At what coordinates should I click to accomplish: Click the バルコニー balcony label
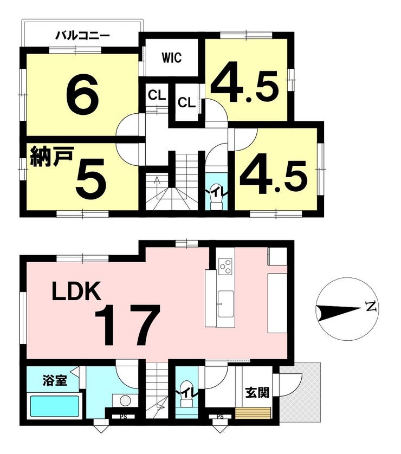(82, 36)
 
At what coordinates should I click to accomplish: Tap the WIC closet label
(172, 57)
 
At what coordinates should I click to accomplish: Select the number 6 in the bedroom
(82, 94)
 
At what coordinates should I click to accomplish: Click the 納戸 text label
(51, 157)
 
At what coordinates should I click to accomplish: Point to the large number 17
(127, 325)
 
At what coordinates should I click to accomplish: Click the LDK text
(76, 291)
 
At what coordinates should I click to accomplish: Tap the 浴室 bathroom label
(55, 380)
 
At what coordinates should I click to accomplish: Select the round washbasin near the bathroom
(125, 401)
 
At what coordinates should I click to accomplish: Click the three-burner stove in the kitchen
(226, 267)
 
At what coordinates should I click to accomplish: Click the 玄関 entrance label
(257, 393)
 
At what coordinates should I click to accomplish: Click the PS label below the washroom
(124, 417)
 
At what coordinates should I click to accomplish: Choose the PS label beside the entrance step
(220, 417)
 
